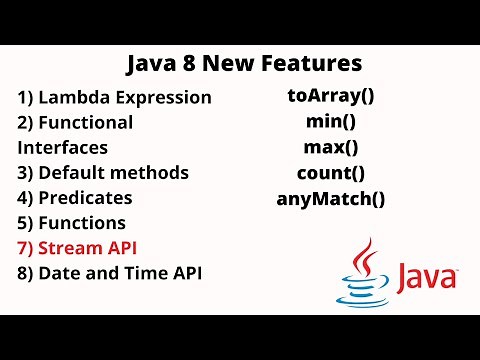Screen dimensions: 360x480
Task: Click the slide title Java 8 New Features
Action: (244, 64)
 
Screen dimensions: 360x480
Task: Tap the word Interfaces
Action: (62, 147)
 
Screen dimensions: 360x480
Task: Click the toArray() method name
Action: (330, 97)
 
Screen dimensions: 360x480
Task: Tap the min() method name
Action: (330, 122)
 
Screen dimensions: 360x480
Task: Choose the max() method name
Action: (330, 147)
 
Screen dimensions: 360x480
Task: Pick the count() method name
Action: (330, 172)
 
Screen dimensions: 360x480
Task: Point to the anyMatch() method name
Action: (330, 197)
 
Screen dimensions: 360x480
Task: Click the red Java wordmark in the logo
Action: (425, 278)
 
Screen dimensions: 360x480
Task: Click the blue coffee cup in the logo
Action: (365, 290)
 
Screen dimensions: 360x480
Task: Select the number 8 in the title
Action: (189, 64)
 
